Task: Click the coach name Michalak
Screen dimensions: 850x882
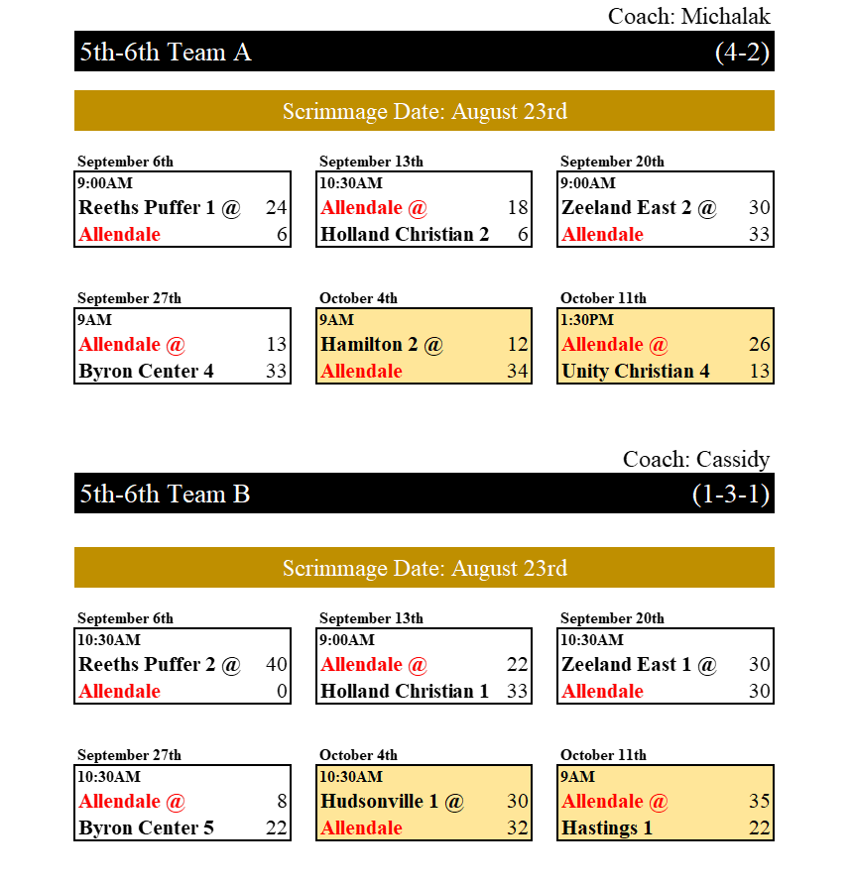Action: [x=725, y=16]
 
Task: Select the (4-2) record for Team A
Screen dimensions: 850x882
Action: [x=742, y=53]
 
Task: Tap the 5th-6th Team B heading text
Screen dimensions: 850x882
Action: [x=165, y=494]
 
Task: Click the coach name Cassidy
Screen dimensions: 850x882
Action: [x=732, y=460]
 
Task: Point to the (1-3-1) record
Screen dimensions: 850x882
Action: [x=731, y=495]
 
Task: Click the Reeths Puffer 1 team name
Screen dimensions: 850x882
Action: [x=147, y=207]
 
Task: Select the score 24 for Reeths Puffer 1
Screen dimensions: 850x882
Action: [x=277, y=207]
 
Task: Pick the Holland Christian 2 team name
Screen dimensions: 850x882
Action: [x=405, y=234]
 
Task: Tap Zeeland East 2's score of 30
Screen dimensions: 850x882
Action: [x=760, y=207]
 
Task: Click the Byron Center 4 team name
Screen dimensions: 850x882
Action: [x=147, y=372]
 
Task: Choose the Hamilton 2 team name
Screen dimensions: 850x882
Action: [x=369, y=344]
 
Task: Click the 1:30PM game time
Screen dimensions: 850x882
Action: [x=587, y=320]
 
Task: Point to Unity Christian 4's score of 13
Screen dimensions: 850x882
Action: [x=760, y=372]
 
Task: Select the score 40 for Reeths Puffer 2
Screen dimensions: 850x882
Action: [x=277, y=664]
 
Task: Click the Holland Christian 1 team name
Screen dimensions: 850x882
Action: [x=405, y=691]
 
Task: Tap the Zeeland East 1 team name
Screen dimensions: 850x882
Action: [x=626, y=664]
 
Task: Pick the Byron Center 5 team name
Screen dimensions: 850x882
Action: [x=147, y=828]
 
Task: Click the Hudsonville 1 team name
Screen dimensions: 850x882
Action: [x=380, y=801]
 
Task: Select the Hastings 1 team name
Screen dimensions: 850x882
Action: [x=607, y=828]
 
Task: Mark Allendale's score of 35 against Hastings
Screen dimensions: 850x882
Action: [x=760, y=801]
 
